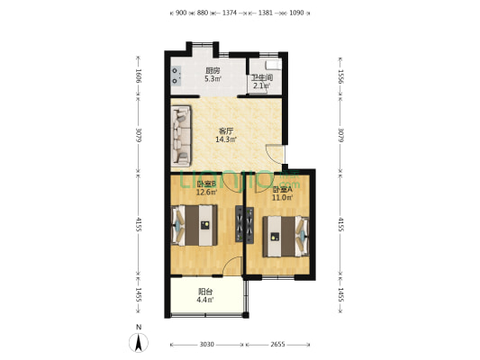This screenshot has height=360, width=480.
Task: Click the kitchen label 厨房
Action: click(213, 71)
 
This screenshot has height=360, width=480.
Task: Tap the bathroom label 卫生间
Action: click(261, 78)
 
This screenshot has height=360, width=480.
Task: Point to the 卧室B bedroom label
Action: click(206, 184)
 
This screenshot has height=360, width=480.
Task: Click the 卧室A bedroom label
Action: click(283, 189)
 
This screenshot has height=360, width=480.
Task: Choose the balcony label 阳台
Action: click(205, 292)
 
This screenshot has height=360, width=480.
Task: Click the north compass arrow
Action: click(138, 342)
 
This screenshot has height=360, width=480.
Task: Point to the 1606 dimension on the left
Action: click(138, 77)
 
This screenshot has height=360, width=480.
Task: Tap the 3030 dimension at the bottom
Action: click(206, 344)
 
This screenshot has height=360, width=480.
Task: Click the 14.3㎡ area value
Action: click(225, 139)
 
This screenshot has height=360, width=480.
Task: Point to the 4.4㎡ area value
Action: click(205, 300)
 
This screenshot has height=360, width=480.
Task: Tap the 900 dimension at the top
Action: click(181, 13)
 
